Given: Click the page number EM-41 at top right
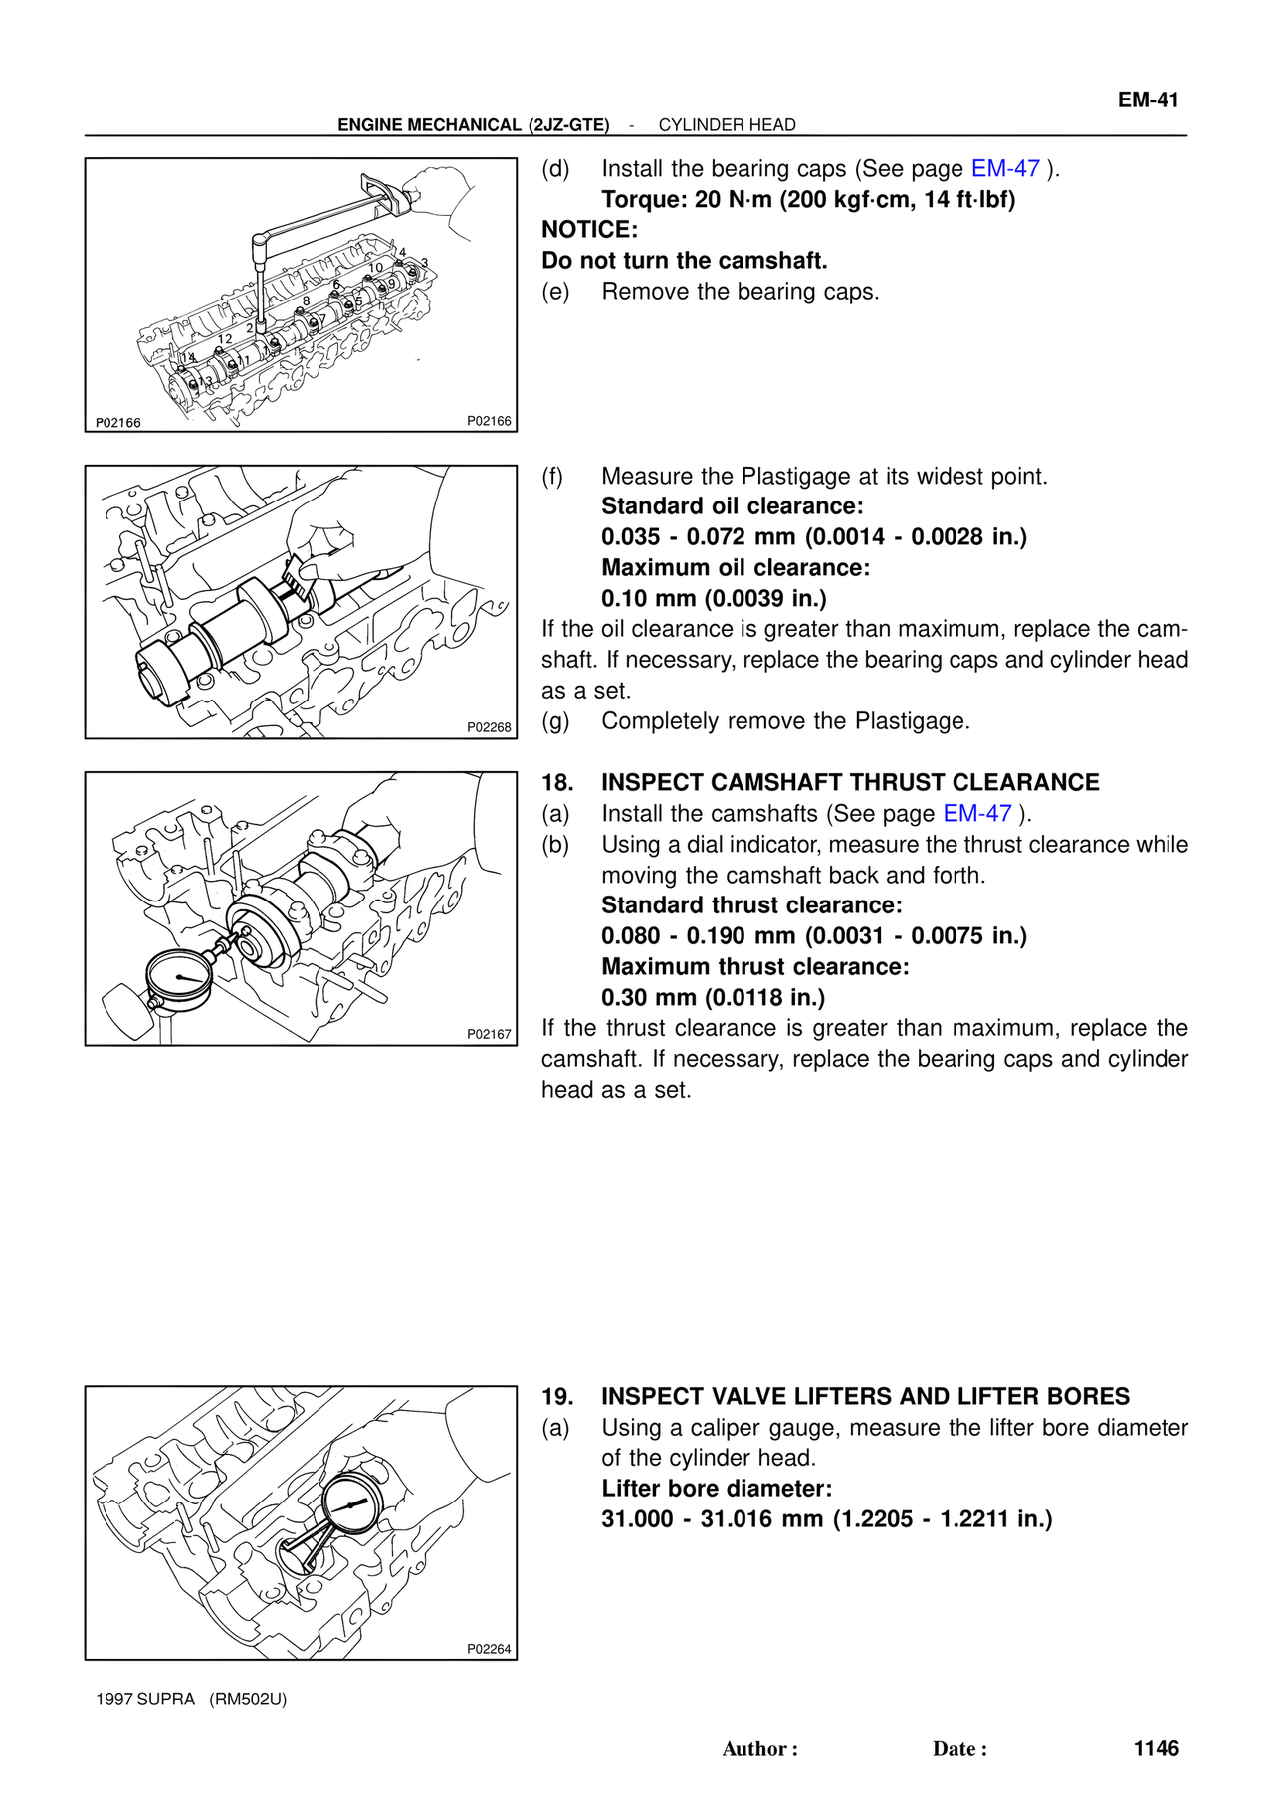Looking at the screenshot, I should (x=1148, y=100).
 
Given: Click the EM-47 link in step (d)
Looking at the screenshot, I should (x=1005, y=169).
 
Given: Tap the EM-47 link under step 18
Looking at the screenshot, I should (x=977, y=814).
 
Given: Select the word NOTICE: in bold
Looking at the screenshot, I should (x=589, y=230).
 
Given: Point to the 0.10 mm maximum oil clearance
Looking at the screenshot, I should (x=648, y=599).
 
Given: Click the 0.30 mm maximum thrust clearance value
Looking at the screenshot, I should (x=648, y=998).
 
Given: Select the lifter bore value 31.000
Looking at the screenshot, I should (x=637, y=1519).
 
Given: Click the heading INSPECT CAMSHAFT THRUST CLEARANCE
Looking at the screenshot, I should (x=850, y=783).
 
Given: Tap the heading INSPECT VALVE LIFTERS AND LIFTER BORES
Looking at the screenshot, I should (x=865, y=1397).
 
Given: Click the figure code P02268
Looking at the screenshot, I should (x=489, y=727).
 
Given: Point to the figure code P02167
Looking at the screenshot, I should (x=489, y=1034).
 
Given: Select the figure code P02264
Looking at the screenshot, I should (x=489, y=1649).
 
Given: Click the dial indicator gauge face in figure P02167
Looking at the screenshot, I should (x=179, y=978).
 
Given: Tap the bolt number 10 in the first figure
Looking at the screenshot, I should (x=375, y=268).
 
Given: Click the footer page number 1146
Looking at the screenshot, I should (x=1156, y=1748).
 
